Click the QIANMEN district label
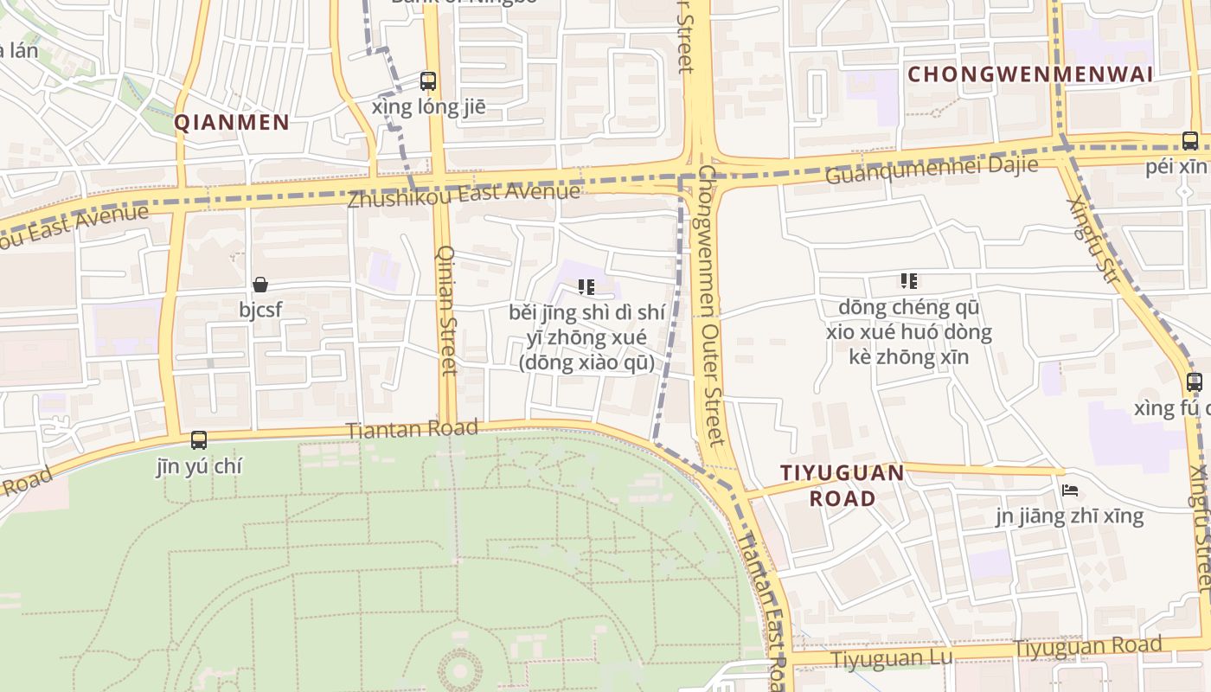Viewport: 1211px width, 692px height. [232, 122]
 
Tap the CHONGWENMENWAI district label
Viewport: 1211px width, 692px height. [1030, 74]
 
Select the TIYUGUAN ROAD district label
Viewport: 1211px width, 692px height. [843, 485]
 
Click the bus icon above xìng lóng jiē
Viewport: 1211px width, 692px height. [428, 81]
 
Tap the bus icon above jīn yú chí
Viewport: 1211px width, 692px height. [199, 439]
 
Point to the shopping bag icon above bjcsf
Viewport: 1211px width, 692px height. [260, 284]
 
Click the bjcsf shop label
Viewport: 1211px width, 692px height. [261, 308]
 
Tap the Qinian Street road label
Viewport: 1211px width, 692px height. [447, 310]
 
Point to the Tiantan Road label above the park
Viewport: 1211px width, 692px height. [412, 428]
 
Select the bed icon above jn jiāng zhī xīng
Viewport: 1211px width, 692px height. [1070, 490]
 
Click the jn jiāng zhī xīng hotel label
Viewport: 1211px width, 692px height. [1069, 516]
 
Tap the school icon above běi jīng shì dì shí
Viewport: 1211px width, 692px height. [586, 286]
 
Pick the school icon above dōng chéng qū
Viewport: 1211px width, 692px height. [908, 280]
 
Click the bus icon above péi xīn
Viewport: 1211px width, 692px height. [1190, 140]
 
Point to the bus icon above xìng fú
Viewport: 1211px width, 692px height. [1195, 381]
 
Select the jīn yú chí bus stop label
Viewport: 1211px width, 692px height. [199, 466]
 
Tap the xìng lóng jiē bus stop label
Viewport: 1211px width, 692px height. [428, 107]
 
